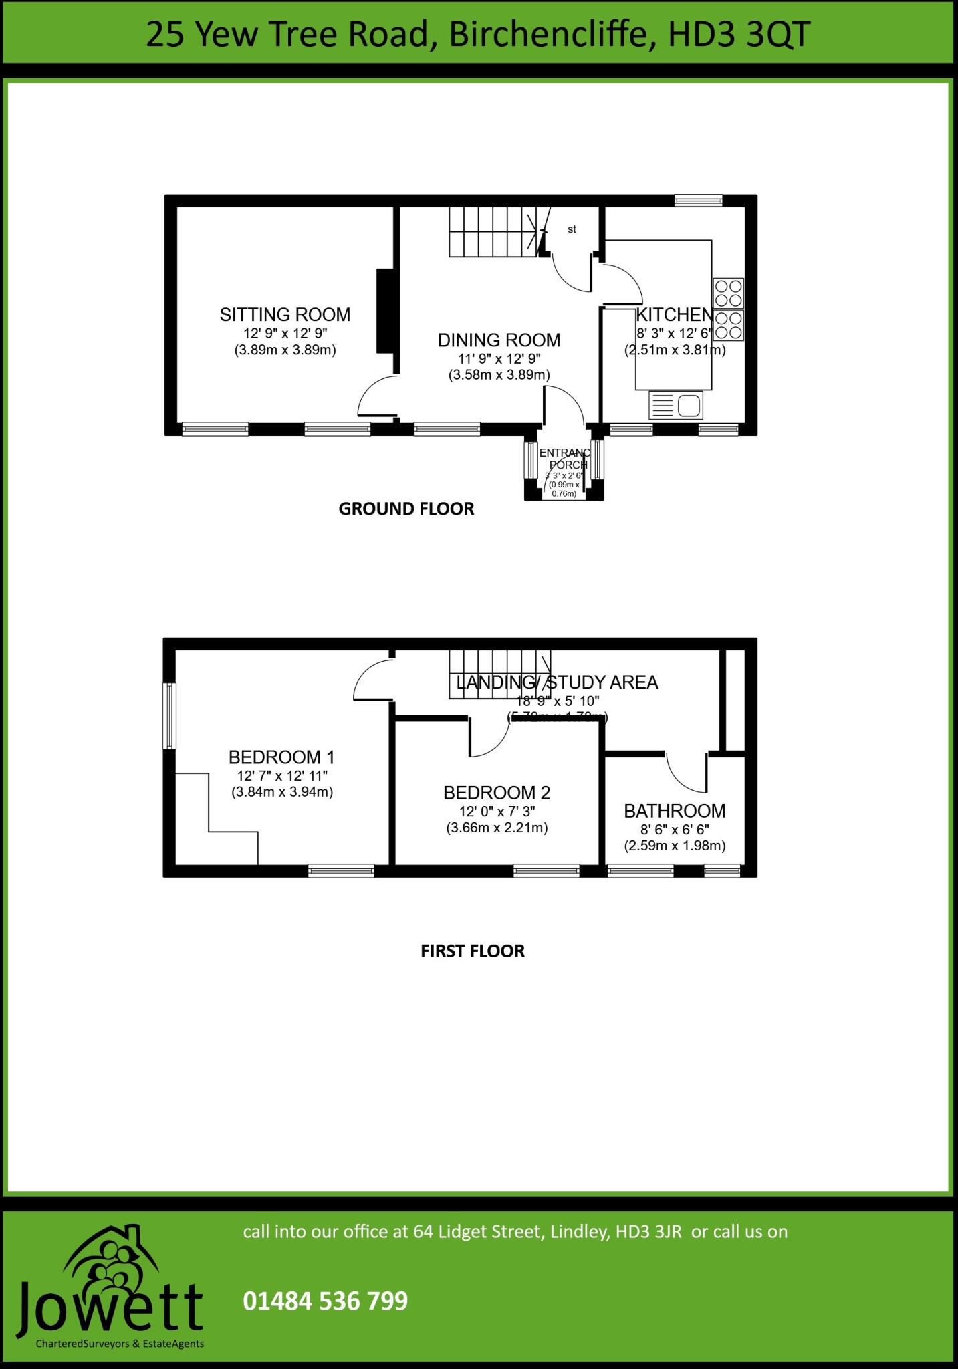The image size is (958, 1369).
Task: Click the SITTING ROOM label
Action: tap(285, 315)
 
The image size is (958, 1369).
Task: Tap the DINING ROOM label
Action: tap(499, 340)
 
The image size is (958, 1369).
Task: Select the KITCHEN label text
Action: tap(674, 315)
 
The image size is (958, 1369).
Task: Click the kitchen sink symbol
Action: tap(675, 405)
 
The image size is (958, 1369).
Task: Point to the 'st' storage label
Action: tap(572, 229)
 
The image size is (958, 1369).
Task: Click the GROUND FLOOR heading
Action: tap(406, 509)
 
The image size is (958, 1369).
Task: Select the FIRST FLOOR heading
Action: tap(472, 951)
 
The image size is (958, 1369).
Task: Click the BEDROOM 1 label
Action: tap(281, 757)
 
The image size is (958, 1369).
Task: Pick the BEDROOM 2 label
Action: tap(497, 793)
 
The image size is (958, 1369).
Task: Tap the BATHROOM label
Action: tap(675, 811)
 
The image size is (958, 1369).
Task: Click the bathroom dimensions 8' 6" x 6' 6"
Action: tap(675, 830)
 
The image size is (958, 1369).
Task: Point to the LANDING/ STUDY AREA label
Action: tap(557, 682)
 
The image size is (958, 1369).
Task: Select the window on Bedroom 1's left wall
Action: tap(170, 715)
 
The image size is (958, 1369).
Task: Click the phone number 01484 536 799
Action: tap(325, 1301)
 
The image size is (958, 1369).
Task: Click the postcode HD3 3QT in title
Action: tap(739, 35)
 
